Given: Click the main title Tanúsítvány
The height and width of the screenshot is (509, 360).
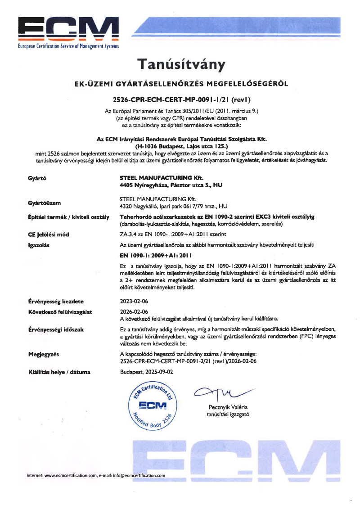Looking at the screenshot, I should [180, 64].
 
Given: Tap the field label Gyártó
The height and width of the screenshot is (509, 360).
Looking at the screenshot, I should [37, 178].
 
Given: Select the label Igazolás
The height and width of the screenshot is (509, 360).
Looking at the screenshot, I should [38, 245].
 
